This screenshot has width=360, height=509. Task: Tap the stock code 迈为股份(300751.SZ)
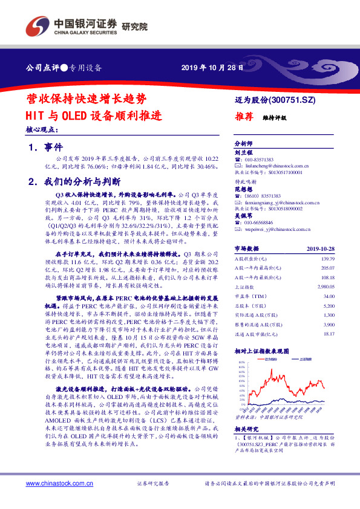point(275,98)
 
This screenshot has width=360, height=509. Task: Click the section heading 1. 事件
point(45,148)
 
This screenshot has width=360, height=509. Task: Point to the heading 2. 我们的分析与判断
point(74,181)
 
